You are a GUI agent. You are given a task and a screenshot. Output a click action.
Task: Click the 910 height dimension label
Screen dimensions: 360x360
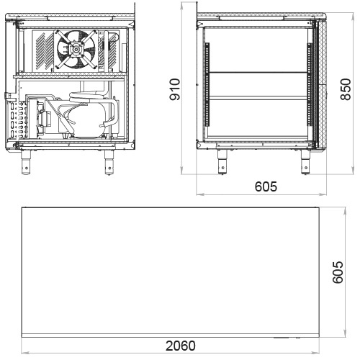click(x=175, y=89)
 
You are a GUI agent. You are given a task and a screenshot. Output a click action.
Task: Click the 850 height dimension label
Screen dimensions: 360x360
click(x=346, y=89)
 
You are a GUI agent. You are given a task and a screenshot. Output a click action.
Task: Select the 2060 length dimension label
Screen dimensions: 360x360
click(x=181, y=346)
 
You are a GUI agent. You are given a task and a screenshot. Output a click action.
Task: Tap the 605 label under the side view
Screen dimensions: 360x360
click(x=266, y=186)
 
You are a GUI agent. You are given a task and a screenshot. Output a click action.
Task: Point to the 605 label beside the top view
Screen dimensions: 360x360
click(x=338, y=272)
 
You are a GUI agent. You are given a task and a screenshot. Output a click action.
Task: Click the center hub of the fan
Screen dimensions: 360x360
click(x=76, y=50)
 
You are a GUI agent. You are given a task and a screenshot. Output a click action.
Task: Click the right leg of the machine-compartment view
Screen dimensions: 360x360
click(x=109, y=162)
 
